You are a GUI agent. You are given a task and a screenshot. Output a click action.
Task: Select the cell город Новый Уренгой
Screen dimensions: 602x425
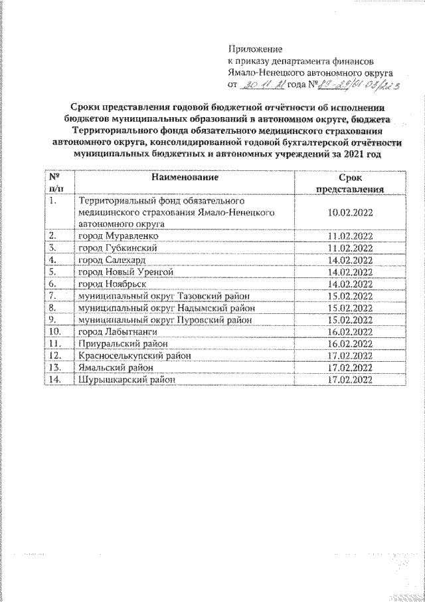(x=126, y=271)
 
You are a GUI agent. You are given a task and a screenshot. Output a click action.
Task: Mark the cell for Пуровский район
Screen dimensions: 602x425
(x=165, y=319)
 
